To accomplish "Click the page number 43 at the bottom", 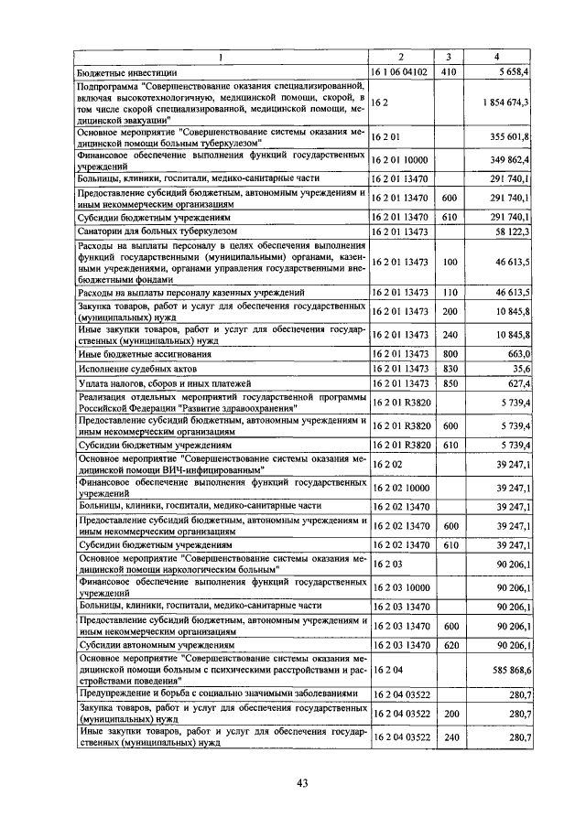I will (x=303, y=781).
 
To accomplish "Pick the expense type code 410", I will (x=449, y=70).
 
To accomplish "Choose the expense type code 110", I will (x=449, y=291).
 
